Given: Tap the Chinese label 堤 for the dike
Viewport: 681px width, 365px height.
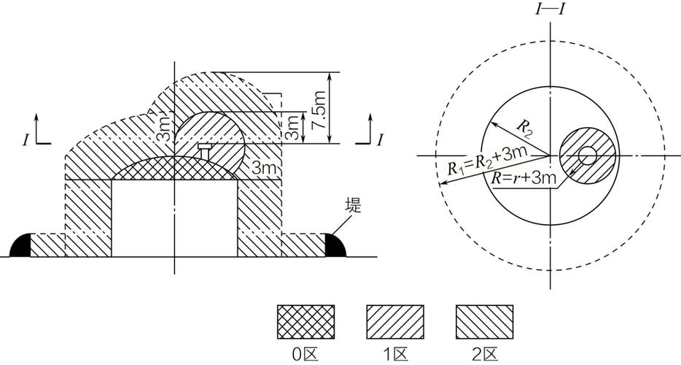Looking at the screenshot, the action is pyautogui.click(x=353, y=205).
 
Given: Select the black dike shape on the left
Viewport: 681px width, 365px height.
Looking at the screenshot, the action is pyautogui.click(x=20, y=245).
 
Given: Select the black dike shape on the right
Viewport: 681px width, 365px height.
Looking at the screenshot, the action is pyautogui.click(x=335, y=245).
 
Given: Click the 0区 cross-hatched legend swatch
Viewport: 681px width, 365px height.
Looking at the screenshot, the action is pyautogui.click(x=306, y=321).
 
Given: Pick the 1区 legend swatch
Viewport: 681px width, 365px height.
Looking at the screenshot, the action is pyautogui.click(x=394, y=321).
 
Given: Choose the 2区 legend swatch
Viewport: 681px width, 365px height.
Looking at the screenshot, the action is pyautogui.click(x=484, y=321).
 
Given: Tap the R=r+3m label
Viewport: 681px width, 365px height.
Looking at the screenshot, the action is pyautogui.click(x=524, y=177).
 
